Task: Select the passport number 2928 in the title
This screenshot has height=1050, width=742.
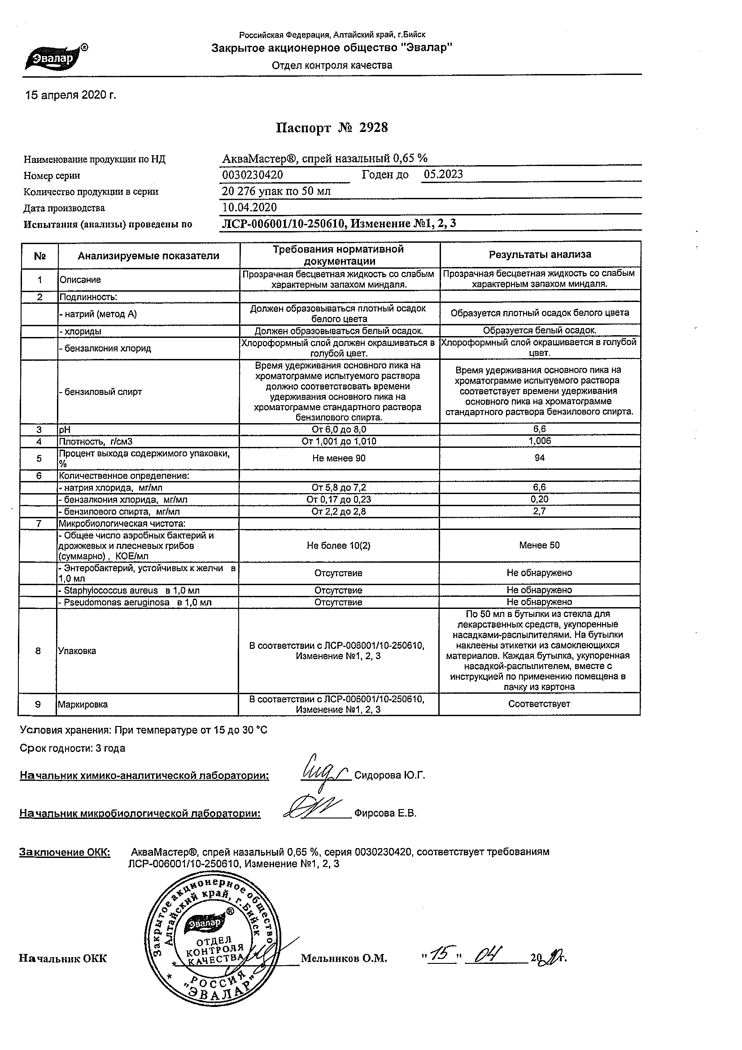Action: tap(373, 127)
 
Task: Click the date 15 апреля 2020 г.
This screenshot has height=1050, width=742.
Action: tap(70, 95)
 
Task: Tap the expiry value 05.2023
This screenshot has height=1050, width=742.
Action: tap(443, 174)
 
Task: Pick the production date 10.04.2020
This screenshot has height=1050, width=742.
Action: tap(249, 207)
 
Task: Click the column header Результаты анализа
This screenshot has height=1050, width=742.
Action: tap(540, 255)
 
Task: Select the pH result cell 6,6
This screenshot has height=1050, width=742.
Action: tap(539, 429)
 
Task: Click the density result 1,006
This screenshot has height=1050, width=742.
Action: tap(540, 441)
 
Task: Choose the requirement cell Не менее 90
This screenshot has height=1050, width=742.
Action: tap(338, 458)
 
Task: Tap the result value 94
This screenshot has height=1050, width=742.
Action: tap(540, 458)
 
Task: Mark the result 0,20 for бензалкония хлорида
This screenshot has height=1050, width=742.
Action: tap(540, 499)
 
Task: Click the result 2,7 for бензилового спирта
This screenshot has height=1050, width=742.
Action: tap(540, 511)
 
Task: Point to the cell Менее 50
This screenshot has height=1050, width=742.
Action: tap(539, 545)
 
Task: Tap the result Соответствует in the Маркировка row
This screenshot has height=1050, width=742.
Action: tap(539, 704)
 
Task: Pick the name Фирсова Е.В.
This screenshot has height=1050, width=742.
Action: tap(385, 814)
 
